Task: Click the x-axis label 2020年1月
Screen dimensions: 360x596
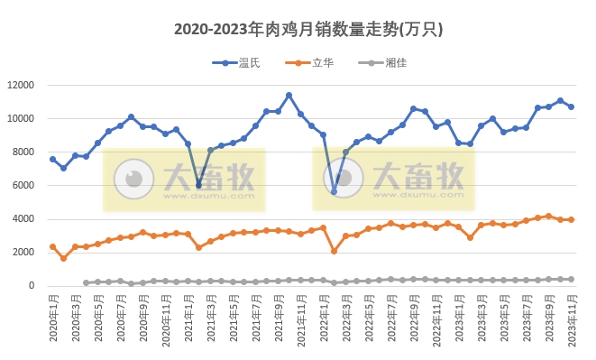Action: click(x=52, y=319)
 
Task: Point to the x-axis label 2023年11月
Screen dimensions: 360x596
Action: click(x=571, y=319)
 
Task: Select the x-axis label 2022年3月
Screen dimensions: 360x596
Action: click(x=345, y=319)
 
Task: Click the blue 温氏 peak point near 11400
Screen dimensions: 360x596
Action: click(x=289, y=95)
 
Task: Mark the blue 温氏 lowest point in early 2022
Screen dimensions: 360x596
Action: click(x=334, y=191)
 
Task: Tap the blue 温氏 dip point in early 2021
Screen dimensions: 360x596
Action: click(x=198, y=185)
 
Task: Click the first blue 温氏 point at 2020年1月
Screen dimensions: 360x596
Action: click(x=52, y=159)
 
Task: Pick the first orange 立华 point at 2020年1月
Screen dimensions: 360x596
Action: click(x=52, y=246)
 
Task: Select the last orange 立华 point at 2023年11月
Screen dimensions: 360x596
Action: click(x=571, y=219)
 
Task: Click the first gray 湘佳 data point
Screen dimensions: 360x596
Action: click(x=87, y=282)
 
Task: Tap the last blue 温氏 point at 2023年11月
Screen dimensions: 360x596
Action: click(x=571, y=106)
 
